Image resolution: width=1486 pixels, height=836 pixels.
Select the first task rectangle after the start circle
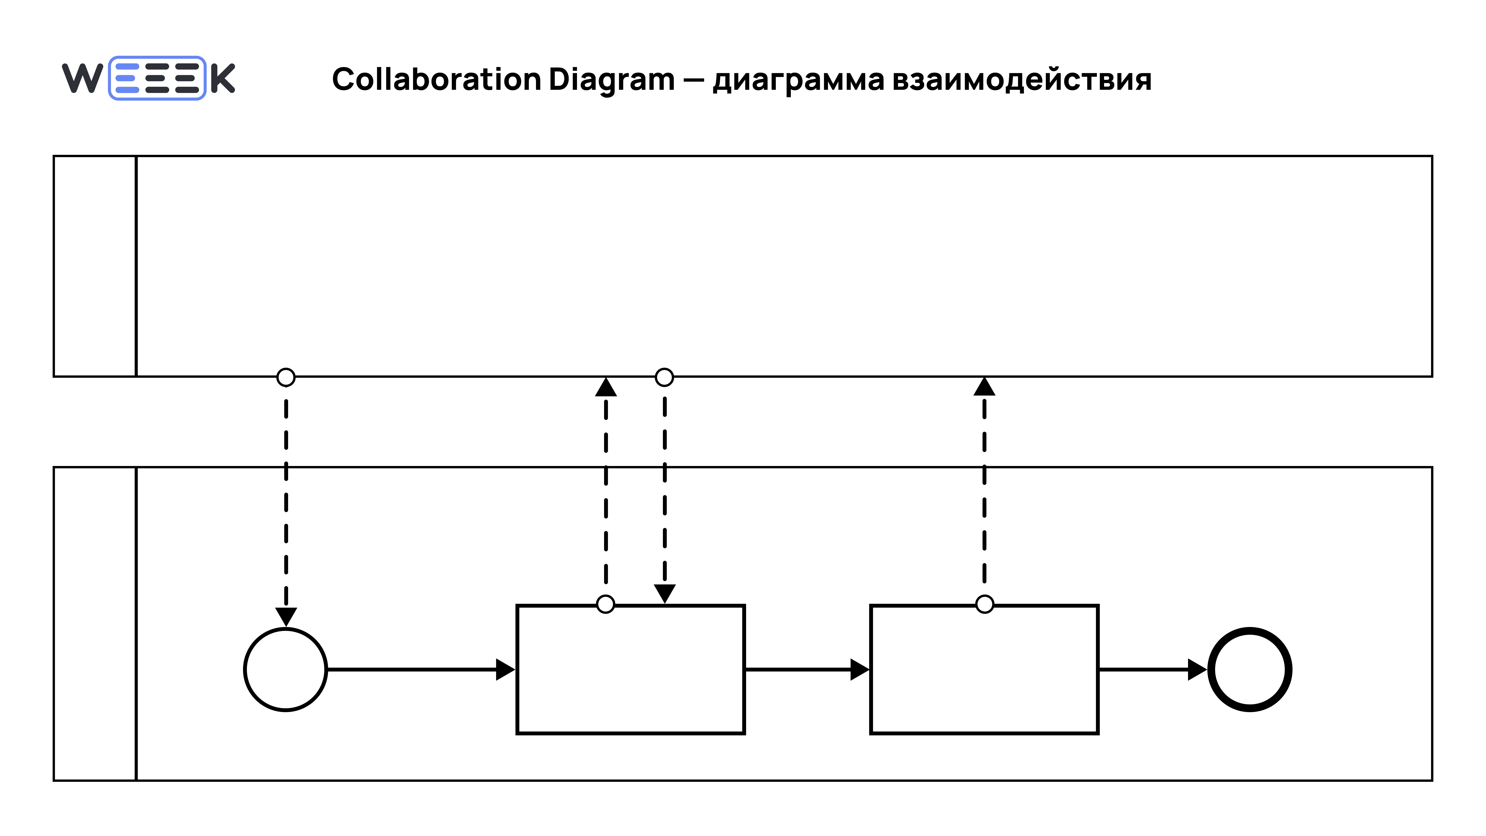point(631,669)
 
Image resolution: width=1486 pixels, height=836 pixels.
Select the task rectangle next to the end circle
point(984,669)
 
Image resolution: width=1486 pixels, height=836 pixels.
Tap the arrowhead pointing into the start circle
point(286,616)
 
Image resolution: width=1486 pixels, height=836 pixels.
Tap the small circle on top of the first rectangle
point(605,604)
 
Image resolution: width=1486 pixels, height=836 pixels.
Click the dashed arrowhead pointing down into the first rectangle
point(665,593)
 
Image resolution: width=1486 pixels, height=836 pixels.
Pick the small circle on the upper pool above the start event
point(286,377)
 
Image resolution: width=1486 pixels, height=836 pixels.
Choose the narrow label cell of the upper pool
point(95,266)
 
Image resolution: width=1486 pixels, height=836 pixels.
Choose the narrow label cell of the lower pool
point(95,624)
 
